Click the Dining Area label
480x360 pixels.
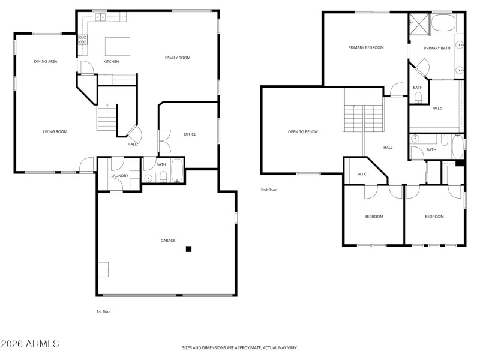(46, 61)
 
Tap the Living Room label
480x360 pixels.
(55, 131)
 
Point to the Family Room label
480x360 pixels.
(178, 58)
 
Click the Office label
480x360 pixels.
(190, 134)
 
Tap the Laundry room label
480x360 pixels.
(119, 175)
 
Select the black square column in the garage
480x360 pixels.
(188, 249)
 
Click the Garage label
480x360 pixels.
(167, 241)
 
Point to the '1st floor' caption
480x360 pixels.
(104, 311)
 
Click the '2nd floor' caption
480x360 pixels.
(268, 190)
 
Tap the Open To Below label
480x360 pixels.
(303, 131)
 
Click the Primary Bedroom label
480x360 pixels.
(366, 47)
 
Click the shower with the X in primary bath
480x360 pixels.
(418, 23)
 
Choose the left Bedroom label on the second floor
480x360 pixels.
(374, 217)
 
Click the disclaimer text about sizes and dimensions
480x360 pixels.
(240, 347)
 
